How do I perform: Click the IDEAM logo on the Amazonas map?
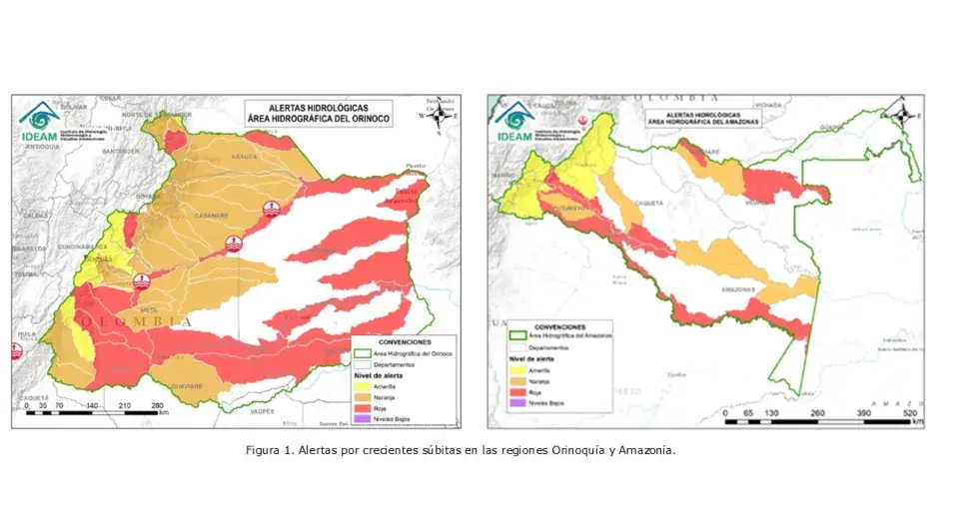(x=514, y=119)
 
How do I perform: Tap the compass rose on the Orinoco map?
(x=438, y=116)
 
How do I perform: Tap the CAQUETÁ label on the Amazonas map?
(x=650, y=201)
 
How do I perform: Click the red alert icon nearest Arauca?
(x=270, y=208)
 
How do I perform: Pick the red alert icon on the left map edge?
(x=15, y=350)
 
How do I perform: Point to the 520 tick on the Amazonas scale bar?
(x=910, y=411)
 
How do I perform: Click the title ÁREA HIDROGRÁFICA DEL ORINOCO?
(x=321, y=118)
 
